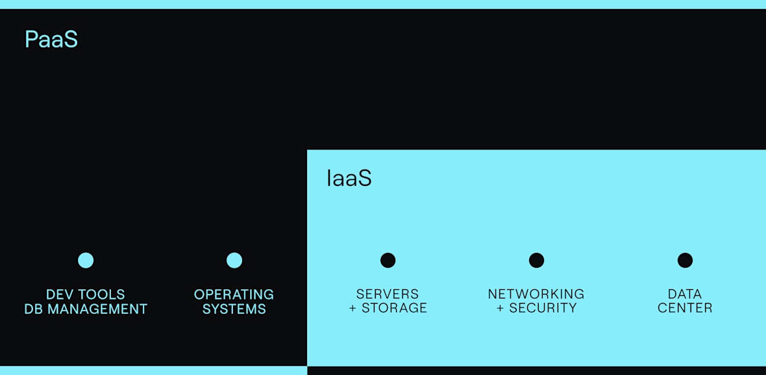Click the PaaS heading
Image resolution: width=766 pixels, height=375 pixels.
pos(51,40)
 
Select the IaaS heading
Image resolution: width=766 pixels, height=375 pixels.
pos(349,179)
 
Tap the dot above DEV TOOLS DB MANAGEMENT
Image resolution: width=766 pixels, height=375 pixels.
pos(86,261)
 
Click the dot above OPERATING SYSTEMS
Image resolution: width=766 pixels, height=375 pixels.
pos(234,261)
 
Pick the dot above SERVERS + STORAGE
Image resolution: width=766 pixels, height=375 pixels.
pos(388,261)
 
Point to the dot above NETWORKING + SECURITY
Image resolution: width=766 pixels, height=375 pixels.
pos(536,261)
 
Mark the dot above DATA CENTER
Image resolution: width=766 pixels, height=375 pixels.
pos(685,261)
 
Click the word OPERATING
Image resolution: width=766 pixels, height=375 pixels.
pos(234,295)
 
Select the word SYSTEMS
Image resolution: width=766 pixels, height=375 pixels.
pos(234,309)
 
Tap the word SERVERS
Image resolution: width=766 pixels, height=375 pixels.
pos(388,294)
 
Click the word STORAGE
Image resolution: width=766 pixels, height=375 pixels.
pos(395,308)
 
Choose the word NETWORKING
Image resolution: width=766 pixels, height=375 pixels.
pos(536,294)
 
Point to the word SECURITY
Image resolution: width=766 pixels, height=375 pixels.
pos(543,308)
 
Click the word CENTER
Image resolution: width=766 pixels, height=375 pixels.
pos(685,308)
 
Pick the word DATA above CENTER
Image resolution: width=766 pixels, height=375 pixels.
pos(685,294)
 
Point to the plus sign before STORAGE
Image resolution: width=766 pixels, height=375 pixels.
pos(353,309)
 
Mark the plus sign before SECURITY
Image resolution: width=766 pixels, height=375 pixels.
pos(500,309)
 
